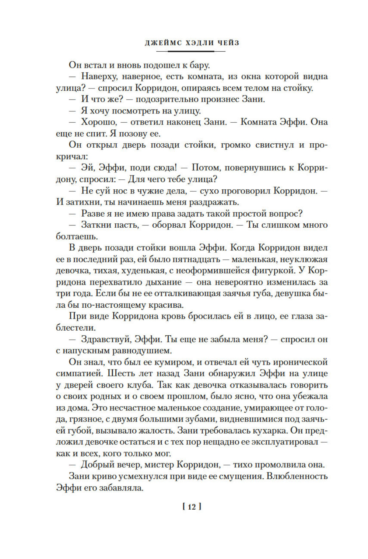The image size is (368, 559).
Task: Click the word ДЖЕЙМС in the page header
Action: click(x=163, y=43)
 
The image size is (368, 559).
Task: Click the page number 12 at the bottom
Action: click(x=192, y=507)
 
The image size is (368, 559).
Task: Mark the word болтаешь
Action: click(x=77, y=236)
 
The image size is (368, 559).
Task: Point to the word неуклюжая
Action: click(x=304, y=259)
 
